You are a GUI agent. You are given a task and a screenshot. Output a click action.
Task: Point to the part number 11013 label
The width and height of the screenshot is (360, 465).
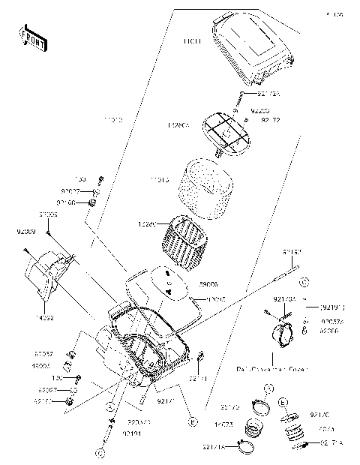[x=159, y=181]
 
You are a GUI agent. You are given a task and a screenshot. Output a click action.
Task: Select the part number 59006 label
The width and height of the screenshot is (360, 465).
[x=187, y=285]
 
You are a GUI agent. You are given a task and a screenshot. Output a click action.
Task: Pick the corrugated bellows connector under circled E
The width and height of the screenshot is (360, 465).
[x=294, y=431]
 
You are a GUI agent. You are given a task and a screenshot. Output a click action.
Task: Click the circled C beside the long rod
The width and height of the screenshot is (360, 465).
[x=304, y=282]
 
